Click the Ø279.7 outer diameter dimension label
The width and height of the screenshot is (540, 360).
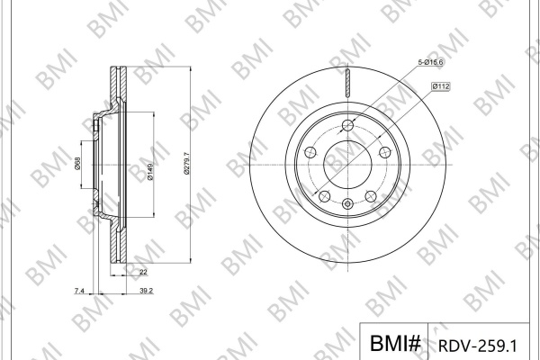[187, 164]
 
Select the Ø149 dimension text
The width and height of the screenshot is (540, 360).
[150, 171]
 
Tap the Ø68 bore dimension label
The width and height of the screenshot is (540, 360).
[77, 163]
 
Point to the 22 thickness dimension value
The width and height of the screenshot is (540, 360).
[143, 272]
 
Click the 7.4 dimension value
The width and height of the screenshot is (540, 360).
[79, 291]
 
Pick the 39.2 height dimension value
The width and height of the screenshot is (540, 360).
[147, 291]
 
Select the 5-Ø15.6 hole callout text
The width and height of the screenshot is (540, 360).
[430, 62]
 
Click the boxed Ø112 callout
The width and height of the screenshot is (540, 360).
[441, 86]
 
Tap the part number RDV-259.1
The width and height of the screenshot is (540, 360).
[478, 346]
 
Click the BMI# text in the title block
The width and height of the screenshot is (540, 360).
[395, 343]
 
